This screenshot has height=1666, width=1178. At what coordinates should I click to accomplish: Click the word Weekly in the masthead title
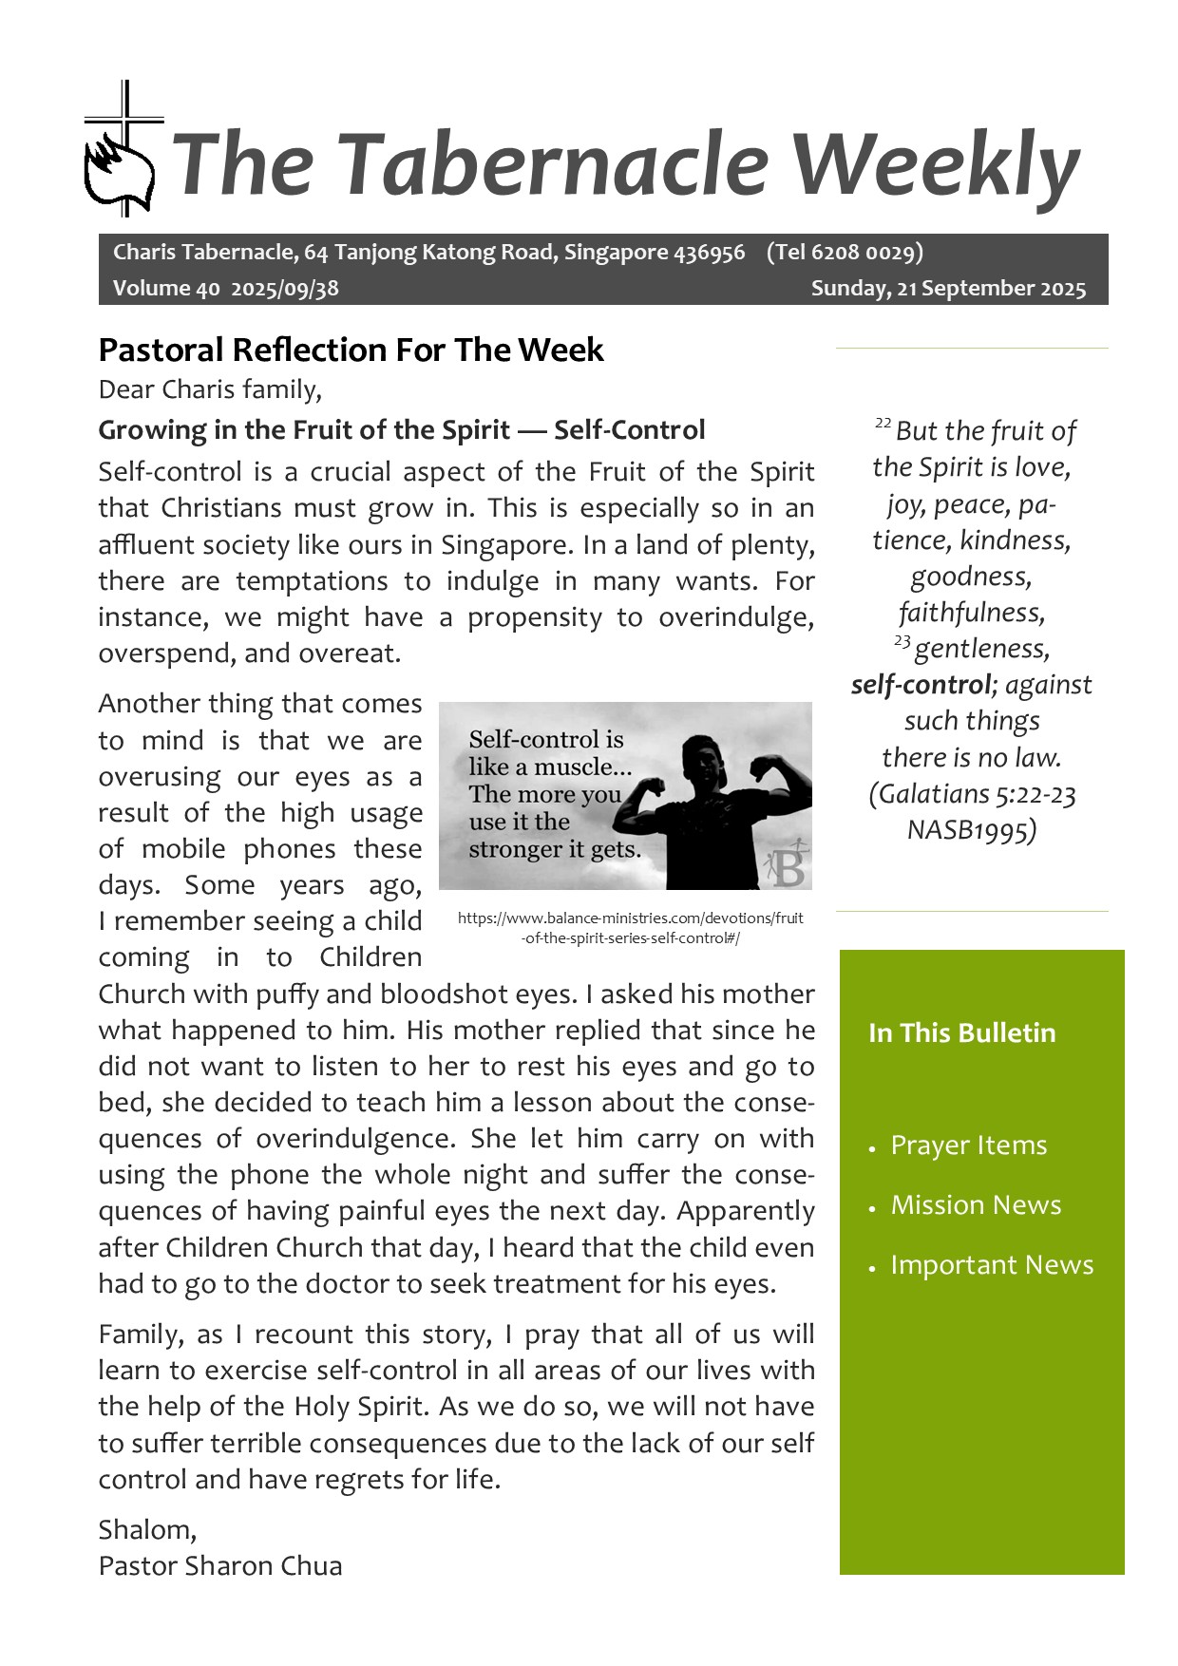point(935,163)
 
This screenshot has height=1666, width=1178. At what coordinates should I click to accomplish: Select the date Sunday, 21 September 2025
point(948,289)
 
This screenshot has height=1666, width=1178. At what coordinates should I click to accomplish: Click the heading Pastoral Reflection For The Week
point(351,350)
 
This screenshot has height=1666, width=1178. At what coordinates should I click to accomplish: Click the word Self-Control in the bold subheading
point(629,430)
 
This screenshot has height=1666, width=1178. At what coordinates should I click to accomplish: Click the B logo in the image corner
point(787,864)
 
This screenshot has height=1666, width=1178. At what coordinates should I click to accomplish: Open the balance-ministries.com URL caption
point(630,928)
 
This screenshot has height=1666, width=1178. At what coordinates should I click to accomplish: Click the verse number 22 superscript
point(883,423)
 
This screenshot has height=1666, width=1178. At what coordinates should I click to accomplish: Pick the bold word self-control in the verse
point(921,685)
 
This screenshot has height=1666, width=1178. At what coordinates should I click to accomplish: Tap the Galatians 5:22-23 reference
point(972,794)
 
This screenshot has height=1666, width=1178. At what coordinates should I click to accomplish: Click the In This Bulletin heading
point(961,1033)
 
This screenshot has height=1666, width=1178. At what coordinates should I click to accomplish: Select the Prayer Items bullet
point(968,1145)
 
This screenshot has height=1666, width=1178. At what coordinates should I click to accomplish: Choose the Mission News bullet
point(976,1205)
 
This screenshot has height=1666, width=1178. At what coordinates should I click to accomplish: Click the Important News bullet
point(992,1265)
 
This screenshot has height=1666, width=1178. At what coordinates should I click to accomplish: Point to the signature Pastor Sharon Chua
point(220,1566)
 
